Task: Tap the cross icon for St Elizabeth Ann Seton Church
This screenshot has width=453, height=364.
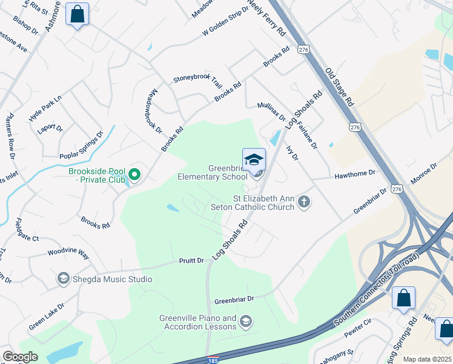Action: click(304, 201)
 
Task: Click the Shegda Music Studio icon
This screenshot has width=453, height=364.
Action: click(62, 278)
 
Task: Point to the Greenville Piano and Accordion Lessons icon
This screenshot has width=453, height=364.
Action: click(245, 321)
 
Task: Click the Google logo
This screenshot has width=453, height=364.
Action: click(20, 357)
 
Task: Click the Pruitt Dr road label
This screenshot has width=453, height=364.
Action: click(191, 260)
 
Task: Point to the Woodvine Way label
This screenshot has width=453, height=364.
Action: click(68, 252)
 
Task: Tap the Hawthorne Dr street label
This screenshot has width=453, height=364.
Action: click(355, 174)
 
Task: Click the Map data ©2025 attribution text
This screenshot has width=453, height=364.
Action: click(427, 359)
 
